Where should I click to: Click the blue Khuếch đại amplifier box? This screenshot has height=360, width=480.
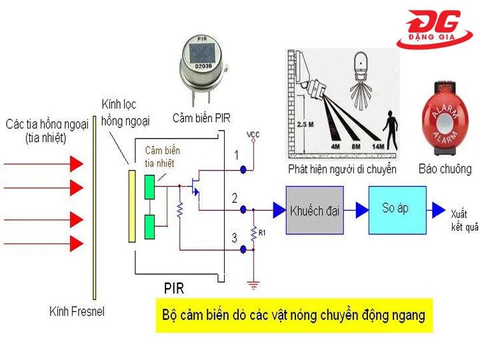315,211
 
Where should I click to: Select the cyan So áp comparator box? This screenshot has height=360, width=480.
397,209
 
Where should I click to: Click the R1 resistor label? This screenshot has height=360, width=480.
262,233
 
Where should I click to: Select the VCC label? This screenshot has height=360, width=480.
253,135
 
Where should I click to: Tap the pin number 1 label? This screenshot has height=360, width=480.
235,156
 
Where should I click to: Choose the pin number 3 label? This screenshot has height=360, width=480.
234,237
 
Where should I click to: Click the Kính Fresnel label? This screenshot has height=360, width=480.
77,311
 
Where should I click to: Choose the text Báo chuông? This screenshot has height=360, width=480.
445,169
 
